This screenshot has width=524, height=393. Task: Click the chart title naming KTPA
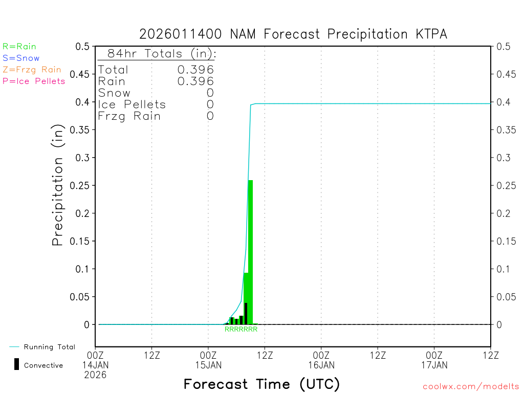293,34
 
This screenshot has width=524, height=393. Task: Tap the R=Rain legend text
19,47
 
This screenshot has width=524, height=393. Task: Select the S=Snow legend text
21,58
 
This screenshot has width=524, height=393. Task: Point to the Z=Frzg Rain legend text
32,70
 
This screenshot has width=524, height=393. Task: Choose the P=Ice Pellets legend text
34,81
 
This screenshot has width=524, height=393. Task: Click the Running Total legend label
49,347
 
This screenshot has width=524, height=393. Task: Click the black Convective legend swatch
17,364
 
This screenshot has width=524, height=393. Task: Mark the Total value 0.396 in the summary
195,70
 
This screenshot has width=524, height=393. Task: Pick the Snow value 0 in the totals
210,93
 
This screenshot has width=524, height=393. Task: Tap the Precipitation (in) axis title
58,185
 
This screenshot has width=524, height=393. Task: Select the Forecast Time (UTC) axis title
261,384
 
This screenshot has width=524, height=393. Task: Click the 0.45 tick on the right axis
505,74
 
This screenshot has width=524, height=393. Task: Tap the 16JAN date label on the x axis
321,365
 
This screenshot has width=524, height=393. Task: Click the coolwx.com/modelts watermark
471,387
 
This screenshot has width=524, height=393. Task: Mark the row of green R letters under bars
241,330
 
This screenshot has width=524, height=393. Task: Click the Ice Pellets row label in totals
132,105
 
